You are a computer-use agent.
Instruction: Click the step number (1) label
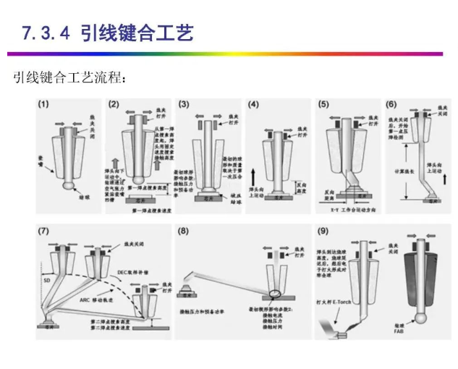pyautogui.click(x=44, y=104)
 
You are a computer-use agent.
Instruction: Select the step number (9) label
pyautogui.click(x=323, y=232)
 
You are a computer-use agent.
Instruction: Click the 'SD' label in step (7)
pyautogui.click(x=46, y=279)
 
